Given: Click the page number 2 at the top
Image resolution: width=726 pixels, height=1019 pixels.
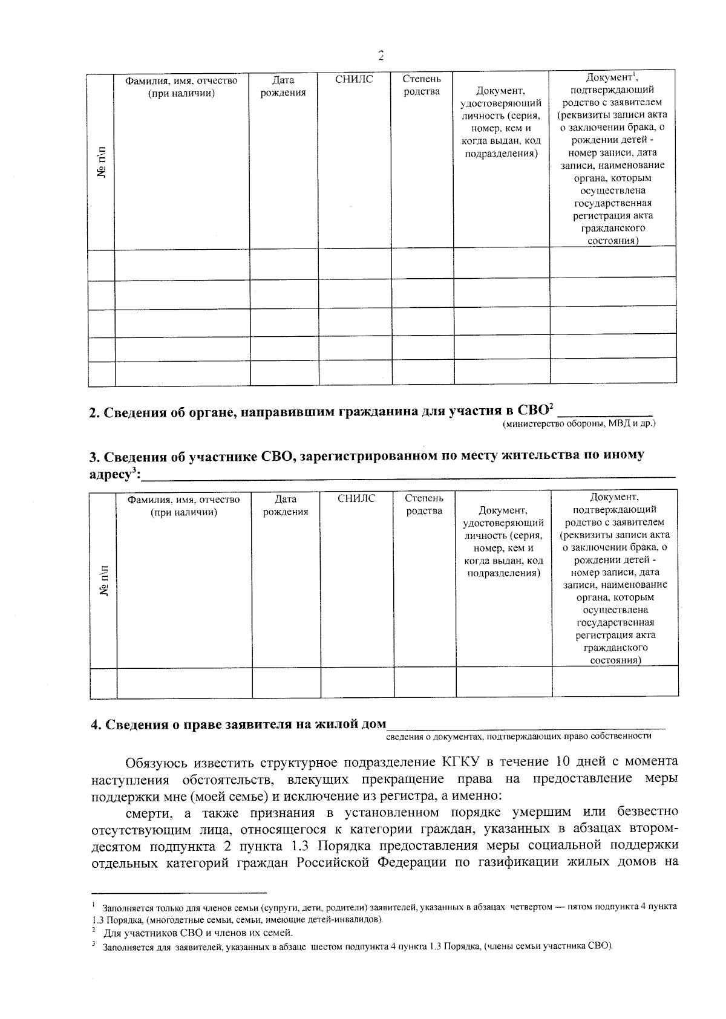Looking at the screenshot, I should click(381, 56).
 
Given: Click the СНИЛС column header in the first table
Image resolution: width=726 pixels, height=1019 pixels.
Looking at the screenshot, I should click(354, 80).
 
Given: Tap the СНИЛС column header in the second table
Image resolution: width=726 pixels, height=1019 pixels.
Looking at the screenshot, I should click(356, 499).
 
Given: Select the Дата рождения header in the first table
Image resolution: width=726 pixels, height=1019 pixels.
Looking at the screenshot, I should click(283, 86).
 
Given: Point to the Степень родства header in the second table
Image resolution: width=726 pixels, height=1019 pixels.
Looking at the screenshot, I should click(424, 505).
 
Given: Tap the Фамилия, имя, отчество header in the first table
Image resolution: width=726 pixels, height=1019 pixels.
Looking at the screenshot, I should click(181, 86).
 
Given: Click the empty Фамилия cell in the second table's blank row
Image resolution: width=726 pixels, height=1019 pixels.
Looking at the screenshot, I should click(185, 683).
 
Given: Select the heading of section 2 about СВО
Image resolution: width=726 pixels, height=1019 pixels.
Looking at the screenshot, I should click(321, 412).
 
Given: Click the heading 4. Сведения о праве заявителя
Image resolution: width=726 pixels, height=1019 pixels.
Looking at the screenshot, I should click(238, 724).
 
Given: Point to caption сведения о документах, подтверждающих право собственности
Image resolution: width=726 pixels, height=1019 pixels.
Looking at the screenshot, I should click(518, 736).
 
